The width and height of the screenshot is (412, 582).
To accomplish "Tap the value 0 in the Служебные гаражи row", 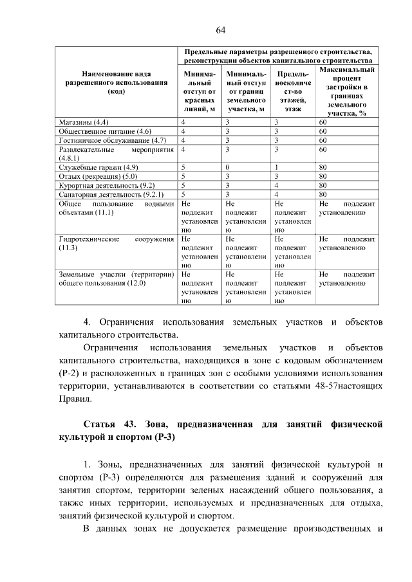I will [x=227, y=167].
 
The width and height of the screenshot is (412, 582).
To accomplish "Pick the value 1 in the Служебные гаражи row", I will [x=276, y=167].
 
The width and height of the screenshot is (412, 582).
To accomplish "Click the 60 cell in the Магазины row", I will [x=323, y=122].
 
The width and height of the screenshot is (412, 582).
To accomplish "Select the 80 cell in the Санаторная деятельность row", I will [x=323, y=194].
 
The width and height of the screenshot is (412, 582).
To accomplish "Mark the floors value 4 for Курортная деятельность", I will [x=276, y=185].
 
